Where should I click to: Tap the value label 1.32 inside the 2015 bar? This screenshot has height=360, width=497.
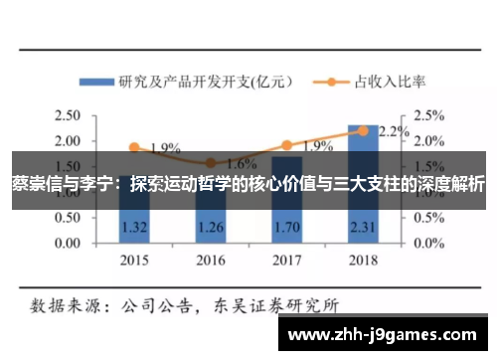[134, 228]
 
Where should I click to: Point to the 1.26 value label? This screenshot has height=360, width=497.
[210, 228]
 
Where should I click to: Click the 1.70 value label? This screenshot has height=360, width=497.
[286, 228]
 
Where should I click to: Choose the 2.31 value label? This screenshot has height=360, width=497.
[363, 228]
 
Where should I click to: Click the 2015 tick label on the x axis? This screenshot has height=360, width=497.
[134, 261]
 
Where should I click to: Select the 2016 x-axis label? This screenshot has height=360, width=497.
[210, 261]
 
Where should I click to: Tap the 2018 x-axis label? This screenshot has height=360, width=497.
[363, 261]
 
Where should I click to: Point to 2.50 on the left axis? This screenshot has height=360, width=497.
[68, 115]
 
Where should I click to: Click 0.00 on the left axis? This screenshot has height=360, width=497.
[68, 243]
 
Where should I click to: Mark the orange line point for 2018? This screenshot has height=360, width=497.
[363, 130]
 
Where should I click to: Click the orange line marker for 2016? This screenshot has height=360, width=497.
[210, 163]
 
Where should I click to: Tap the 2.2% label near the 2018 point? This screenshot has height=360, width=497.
[394, 132]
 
